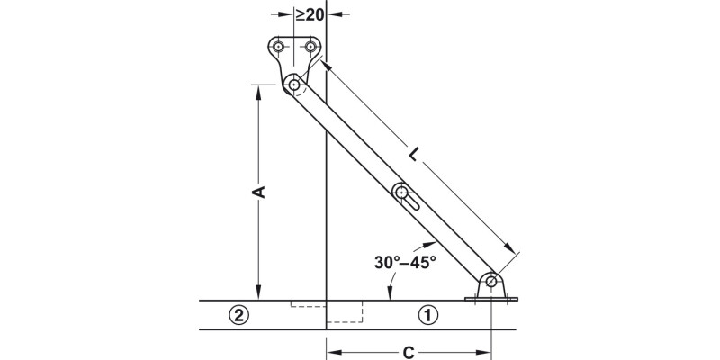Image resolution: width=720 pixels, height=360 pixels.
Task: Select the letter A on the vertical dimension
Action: point(257,192)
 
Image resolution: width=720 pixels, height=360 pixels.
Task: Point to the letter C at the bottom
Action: point(409,352)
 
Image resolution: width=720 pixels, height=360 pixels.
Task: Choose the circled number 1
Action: point(428,315)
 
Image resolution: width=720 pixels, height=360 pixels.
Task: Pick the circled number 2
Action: point(238,315)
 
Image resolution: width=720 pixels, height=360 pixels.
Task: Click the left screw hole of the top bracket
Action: point(280,47)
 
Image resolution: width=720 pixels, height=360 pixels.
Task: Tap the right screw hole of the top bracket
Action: point(311,47)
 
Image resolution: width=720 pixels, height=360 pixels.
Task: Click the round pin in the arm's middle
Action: point(401,191)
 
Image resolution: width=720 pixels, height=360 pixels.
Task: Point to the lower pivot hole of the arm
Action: point(491,282)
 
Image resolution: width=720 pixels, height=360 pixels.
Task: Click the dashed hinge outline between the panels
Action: point(343,312)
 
